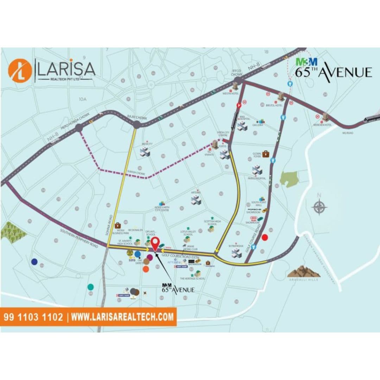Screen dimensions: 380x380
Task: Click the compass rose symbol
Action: pos(319,207)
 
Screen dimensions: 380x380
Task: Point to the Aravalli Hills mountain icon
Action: pos(304,271)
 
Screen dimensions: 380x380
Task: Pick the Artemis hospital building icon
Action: pos(196,200)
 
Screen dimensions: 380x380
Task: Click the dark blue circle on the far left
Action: pos(34,261)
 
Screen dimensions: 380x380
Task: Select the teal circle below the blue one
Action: pos(91,287)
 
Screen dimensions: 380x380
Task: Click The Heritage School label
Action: pos(192,278)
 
